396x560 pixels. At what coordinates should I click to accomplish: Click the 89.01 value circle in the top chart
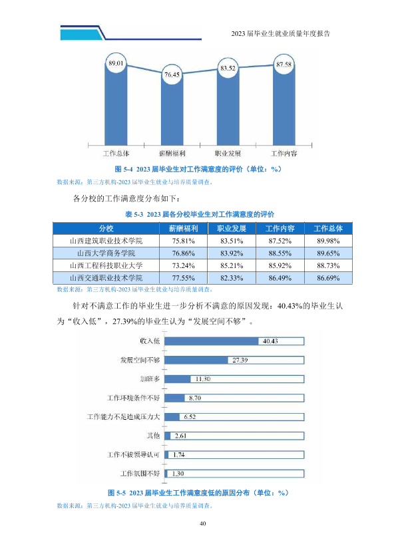click(x=116, y=63)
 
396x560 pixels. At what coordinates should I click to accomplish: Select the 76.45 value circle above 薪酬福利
click(x=172, y=74)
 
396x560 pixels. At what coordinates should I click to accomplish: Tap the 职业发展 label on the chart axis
click(x=228, y=154)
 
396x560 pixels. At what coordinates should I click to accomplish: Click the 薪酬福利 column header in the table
click(x=183, y=228)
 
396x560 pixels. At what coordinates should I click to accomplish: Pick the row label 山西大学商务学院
click(x=106, y=253)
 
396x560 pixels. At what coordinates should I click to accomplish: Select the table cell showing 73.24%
click(x=183, y=266)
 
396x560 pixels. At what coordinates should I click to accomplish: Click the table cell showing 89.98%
click(x=328, y=241)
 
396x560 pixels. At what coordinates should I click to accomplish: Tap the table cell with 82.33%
click(x=232, y=278)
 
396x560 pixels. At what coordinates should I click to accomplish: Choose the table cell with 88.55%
click(x=280, y=253)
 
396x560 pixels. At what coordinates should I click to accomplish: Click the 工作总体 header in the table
click(x=328, y=228)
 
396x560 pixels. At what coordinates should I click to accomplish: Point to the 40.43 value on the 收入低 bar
click(x=270, y=341)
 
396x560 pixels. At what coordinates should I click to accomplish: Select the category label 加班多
click(x=150, y=379)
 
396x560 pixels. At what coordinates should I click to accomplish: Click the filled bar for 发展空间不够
click(x=196, y=360)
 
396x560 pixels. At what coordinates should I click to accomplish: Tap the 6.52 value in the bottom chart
click(x=190, y=417)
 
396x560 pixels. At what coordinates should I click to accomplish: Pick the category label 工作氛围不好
click(x=140, y=474)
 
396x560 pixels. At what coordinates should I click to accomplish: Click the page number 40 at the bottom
click(x=202, y=523)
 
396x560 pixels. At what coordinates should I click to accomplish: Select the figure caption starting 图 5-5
click(x=198, y=493)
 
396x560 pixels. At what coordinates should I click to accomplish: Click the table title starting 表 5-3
click(x=200, y=214)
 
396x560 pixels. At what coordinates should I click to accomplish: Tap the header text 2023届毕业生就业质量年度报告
click(x=281, y=33)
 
